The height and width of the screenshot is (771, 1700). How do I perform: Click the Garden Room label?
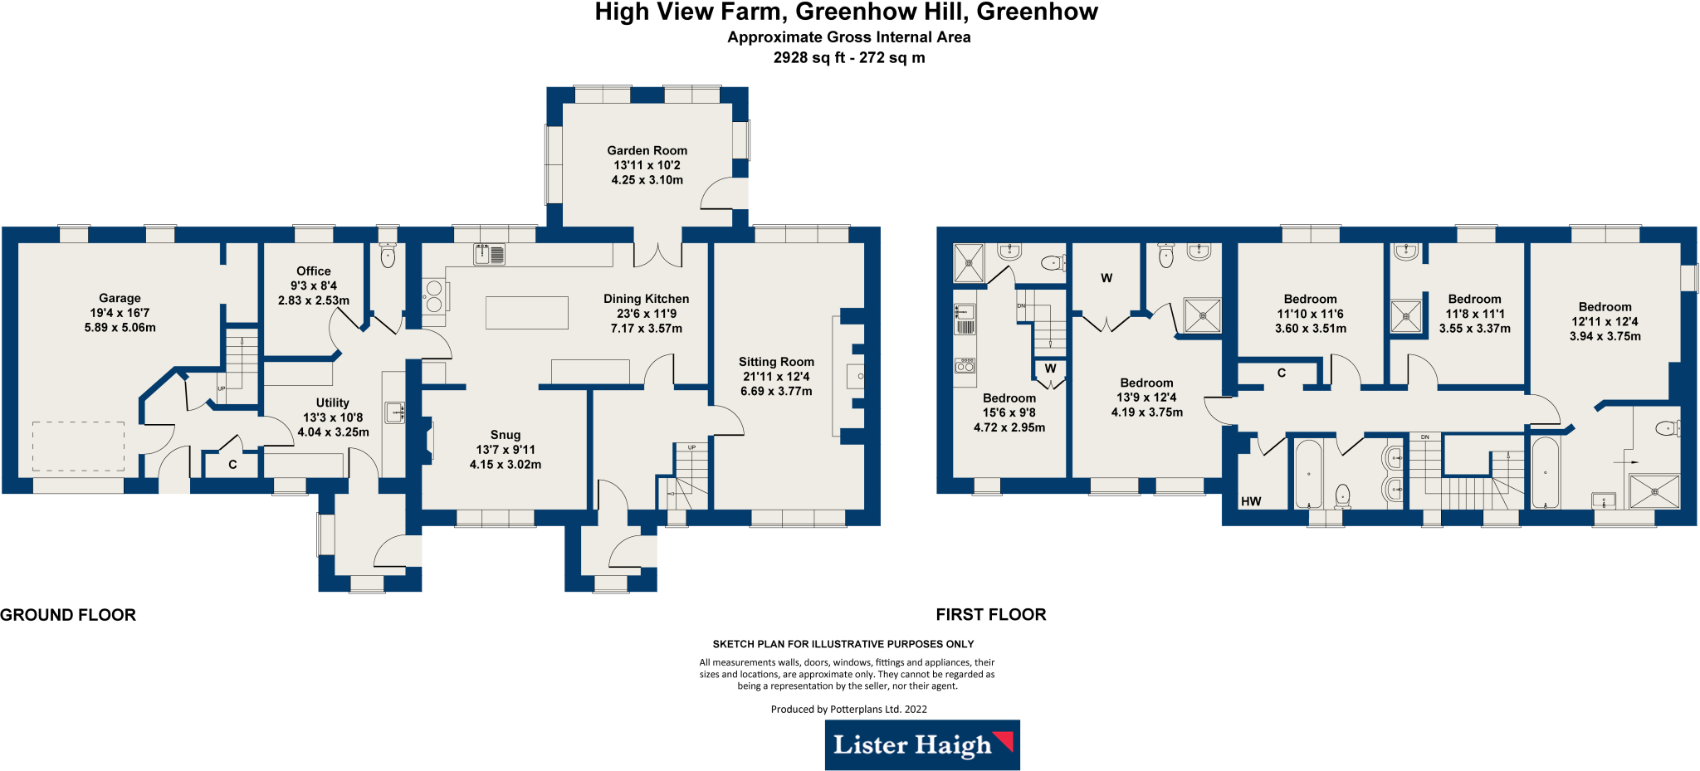(647, 150)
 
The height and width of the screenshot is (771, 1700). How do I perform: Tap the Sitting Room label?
(776, 362)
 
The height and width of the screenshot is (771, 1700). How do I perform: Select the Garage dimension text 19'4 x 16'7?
(120, 313)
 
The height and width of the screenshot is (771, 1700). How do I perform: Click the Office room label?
(314, 271)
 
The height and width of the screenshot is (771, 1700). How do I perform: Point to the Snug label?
(506, 435)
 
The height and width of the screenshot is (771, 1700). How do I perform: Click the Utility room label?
(333, 403)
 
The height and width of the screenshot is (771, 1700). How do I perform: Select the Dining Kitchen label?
(647, 299)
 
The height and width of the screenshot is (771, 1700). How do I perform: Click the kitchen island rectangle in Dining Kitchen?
(527, 313)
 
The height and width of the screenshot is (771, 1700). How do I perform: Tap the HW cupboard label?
(1251, 501)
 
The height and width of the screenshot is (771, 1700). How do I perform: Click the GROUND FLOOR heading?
(68, 615)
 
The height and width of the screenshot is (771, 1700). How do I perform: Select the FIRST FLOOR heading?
(991, 615)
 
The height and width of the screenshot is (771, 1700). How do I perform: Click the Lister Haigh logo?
(922, 744)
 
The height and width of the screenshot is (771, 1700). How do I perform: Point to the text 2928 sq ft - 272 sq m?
(849, 57)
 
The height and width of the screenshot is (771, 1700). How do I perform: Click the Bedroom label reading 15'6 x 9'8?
(1009, 398)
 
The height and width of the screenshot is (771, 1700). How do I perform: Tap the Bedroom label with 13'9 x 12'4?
(1147, 383)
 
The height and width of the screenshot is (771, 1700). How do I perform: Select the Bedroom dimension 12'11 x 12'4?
(1605, 322)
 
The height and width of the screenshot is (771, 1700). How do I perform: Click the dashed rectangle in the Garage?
(79, 446)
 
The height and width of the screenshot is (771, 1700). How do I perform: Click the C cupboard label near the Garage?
(232, 465)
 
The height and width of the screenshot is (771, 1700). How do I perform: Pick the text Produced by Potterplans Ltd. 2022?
(849, 709)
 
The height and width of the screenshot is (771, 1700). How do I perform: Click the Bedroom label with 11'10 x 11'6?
(1311, 299)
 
